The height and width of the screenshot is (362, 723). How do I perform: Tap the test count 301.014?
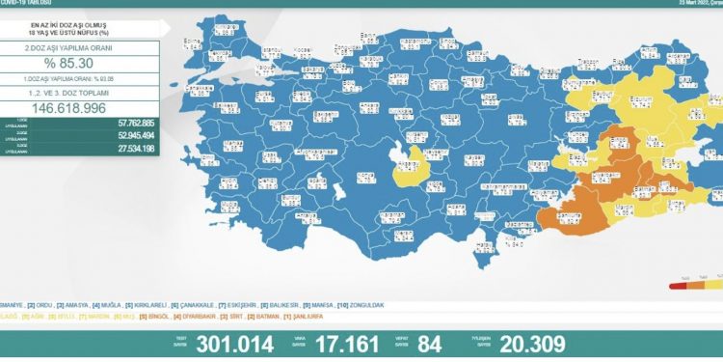(x=235, y=344)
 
